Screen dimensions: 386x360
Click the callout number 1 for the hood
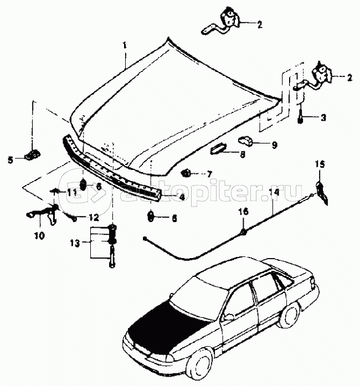(x=125, y=44)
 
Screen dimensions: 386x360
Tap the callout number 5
(x=10, y=160)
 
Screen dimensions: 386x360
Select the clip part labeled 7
(x=186, y=173)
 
